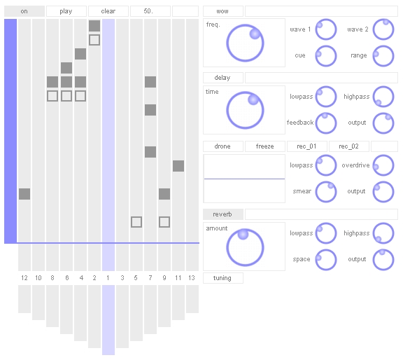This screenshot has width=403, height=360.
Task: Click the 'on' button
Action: (24, 11)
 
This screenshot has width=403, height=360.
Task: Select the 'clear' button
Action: (108, 11)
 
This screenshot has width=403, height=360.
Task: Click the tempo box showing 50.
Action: (150, 11)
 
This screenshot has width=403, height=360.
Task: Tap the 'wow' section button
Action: (222, 11)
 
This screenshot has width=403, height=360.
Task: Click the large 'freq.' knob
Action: (245, 43)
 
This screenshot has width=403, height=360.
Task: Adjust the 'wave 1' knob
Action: (326, 29)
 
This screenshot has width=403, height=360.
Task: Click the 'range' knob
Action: (383, 56)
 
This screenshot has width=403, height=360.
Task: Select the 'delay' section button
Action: (222, 78)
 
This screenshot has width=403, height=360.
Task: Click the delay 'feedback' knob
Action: (326, 123)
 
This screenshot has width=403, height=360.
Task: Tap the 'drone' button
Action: (222, 146)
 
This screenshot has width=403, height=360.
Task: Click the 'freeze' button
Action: (265, 146)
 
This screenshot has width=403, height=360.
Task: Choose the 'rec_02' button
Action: (348, 146)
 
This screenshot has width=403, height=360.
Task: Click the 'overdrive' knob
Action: (383, 165)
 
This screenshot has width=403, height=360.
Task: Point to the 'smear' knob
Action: (326, 192)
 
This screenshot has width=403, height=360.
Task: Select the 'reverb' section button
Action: (222, 214)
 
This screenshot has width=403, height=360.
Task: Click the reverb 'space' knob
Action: (326, 260)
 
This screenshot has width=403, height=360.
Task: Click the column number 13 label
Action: (192, 278)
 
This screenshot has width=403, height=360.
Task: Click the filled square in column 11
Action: (178, 166)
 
